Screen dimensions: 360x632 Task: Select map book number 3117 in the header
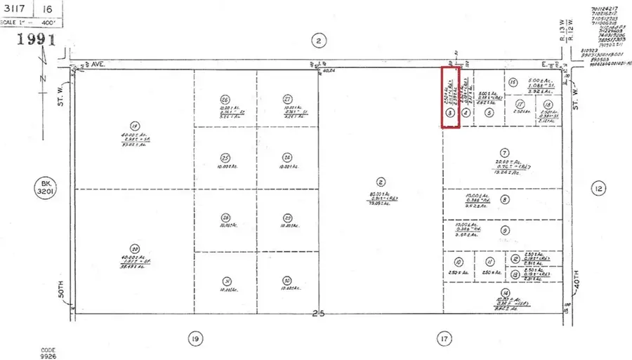click(x=15, y=8)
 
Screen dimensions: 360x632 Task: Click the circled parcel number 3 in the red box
click(x=449, y=112)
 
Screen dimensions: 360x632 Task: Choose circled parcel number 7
click(x=503, y=152)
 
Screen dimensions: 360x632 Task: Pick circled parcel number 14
click(x=503, y=293)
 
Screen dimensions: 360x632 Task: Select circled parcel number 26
click(x=225, y=99)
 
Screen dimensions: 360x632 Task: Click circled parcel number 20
click(x=134, y=248)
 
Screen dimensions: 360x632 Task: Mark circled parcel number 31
click(x=225, y=281)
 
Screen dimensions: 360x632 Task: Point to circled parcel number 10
click(x=449, y=261)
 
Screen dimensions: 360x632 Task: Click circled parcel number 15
click(x=513, y=81)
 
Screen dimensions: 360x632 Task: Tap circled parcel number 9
click(x=505, y=230)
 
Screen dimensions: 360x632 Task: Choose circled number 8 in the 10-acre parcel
click(x=504, y=200)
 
